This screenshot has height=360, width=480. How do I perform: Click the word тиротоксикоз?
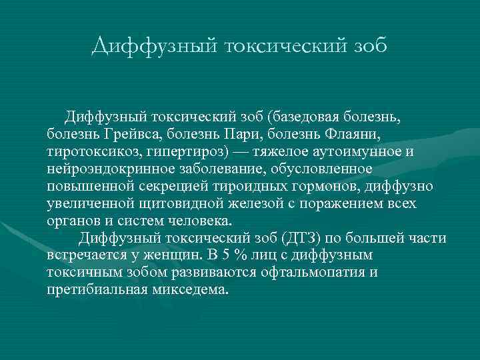89,151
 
